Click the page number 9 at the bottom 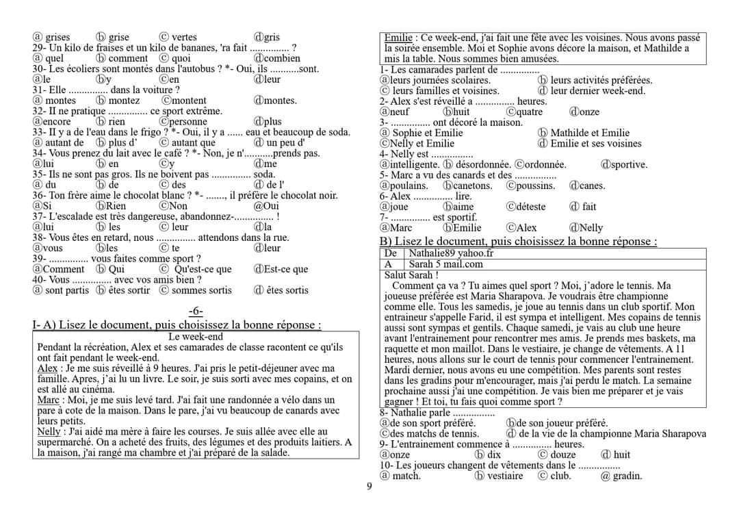[369, 487]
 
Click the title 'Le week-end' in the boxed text [195, 337]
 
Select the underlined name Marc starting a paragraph [48, 400]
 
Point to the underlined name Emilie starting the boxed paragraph [398, 38]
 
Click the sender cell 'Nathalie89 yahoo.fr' [451, 253]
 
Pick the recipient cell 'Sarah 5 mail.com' [445, 264]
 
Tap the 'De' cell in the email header [391, 253]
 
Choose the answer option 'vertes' [184, 37]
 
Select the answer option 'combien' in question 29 [282, 58]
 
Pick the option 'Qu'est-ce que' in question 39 [203, 269]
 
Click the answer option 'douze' [563, 455]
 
